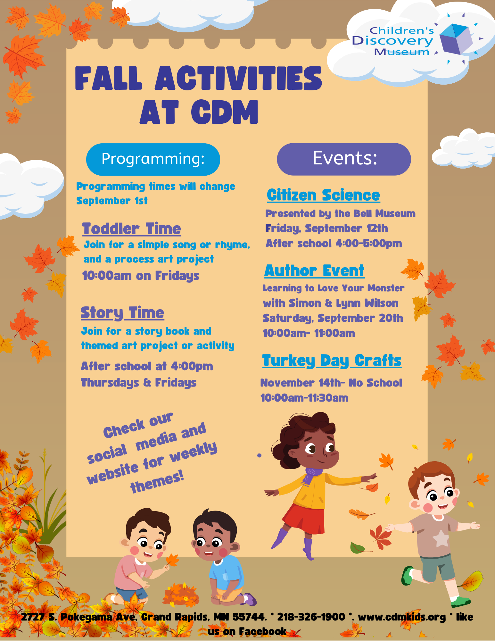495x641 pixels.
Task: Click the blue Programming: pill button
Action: [153, 159]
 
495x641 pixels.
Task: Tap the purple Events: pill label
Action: [344, 159]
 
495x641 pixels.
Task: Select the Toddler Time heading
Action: [131, 229]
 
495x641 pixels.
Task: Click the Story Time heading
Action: [122, 313]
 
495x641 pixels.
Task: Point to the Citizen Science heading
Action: [323, 195]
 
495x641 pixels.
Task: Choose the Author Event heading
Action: [314, 271]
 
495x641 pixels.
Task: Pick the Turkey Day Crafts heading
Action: [332, 361]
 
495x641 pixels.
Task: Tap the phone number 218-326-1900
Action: [311, 617]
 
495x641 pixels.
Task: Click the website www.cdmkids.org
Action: [402, 617]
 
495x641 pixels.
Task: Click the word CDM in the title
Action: [225, 112]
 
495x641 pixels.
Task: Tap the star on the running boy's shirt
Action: [441, 538]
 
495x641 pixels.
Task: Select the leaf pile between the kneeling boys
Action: [181, 595]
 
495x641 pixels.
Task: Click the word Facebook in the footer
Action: [262, 631]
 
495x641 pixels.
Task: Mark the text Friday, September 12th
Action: [326, 229]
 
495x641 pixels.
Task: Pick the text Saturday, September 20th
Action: [333, 318]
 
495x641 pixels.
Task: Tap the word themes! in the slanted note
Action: [157, 482]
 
